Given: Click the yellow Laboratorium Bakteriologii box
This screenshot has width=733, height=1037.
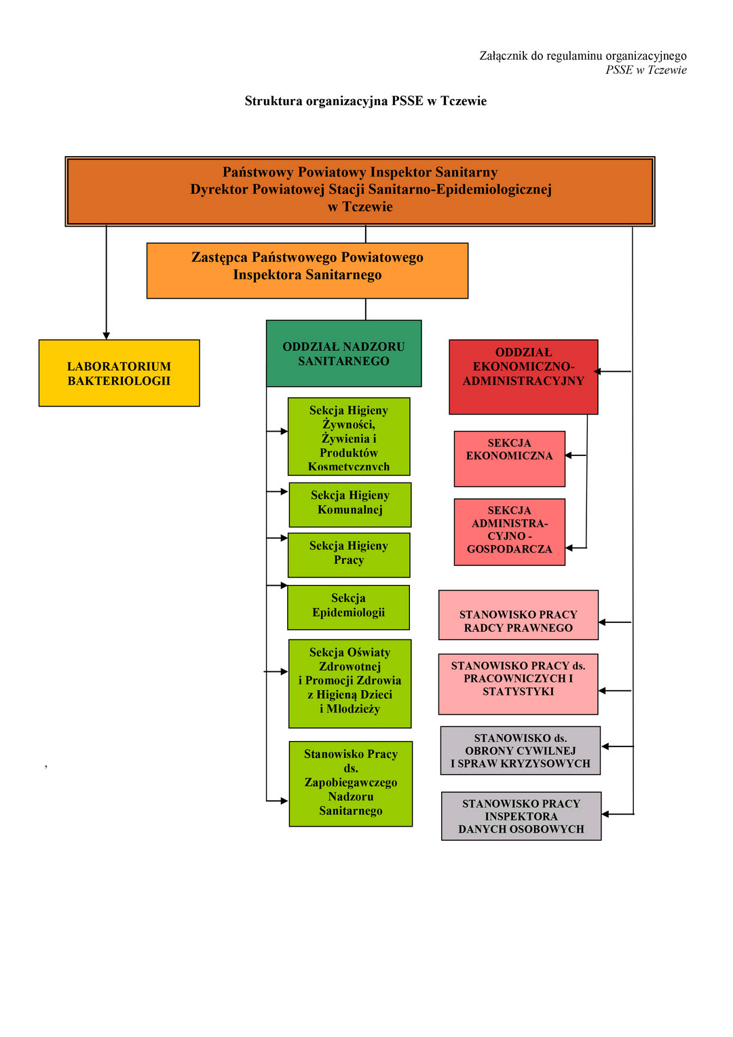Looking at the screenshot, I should tap(119, 373).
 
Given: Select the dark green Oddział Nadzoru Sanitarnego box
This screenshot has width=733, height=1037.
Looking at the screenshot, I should tap(343, 354).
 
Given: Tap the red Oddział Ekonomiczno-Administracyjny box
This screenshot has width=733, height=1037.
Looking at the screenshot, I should tap(523, 377).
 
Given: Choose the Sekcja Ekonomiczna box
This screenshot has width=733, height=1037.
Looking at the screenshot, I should tap(509, 459).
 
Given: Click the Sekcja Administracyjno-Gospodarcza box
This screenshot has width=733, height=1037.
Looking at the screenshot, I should tap(509, 532).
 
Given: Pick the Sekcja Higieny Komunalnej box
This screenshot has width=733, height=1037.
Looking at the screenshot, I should tap(350, 504).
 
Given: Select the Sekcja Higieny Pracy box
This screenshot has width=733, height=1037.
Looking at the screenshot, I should tap(349, 554).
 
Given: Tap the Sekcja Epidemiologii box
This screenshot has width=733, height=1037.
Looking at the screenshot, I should tap(348, 607).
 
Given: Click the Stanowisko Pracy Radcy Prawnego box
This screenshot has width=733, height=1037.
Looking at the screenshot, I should tap(519, 615).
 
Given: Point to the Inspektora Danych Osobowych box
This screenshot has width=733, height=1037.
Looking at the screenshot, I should tap(521, 816).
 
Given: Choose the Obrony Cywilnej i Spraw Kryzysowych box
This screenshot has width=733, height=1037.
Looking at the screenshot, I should tap(521, 750).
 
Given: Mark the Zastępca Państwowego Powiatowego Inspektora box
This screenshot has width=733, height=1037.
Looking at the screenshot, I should tap(307, 270).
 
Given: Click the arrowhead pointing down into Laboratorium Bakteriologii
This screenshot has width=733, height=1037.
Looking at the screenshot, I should tap(106, 335).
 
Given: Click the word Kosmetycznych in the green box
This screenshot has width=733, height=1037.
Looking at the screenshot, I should tap(349, 467).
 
